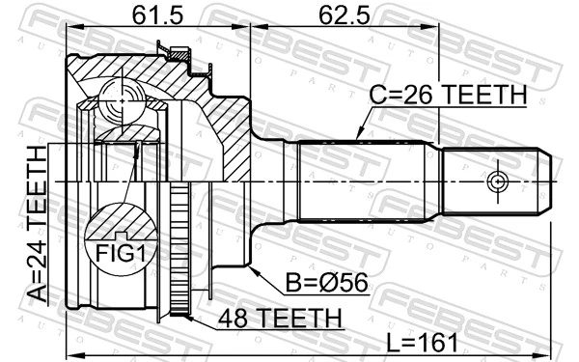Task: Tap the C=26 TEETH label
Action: coord(449,96)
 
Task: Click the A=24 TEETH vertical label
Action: coord(37,224)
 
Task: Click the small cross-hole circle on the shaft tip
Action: coord(497,181)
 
